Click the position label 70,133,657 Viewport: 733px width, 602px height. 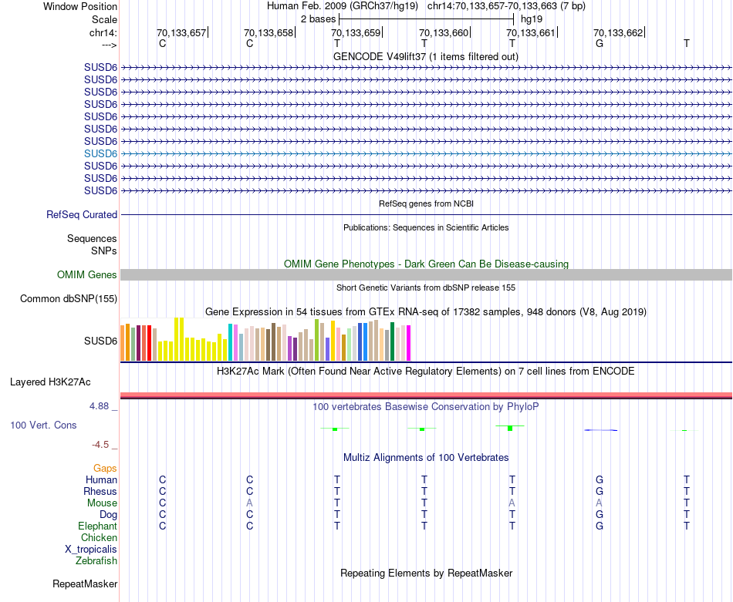coord(181,33)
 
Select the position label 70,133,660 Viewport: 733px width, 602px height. coord(444,33)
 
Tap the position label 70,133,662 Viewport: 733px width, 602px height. coord(618,33)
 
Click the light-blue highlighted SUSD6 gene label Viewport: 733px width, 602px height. coord(100,153)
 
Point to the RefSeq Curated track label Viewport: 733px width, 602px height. coord(82,215)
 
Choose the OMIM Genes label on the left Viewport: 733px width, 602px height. coord(87,275)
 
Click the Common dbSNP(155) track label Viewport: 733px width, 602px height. coord(69,299)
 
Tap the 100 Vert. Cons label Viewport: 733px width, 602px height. coord(43,425)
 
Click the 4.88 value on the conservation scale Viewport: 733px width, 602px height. coord(103,405)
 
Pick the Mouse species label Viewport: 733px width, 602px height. coord(102,503)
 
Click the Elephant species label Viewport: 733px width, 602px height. coord(98,526)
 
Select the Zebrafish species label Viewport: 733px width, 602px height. coord(96,561)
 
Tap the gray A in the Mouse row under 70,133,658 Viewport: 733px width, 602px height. coord(249,503)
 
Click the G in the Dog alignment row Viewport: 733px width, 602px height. coord(599,515)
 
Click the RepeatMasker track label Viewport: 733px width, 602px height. coord(85,584)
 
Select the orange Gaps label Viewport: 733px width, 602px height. coord(105,469)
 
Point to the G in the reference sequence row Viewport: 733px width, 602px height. coord(599,44)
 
